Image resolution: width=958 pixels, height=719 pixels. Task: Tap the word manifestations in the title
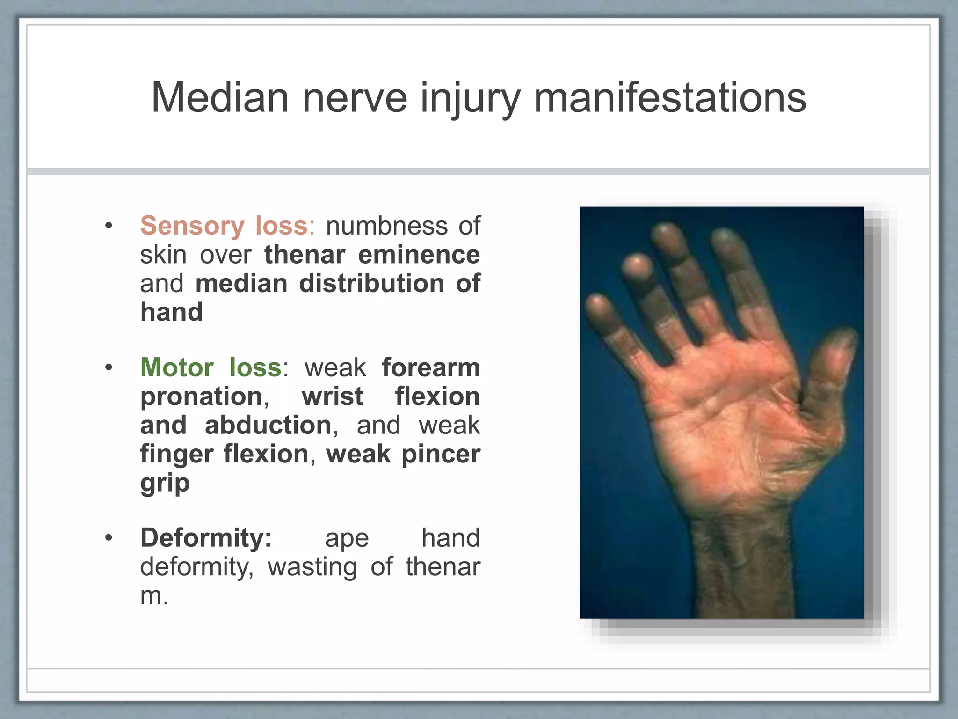point(670,98)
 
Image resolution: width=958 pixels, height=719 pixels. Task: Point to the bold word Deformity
point(206,538)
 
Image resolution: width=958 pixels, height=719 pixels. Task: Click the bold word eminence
point(419,255)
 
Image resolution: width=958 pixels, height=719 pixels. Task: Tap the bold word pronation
point(202,397)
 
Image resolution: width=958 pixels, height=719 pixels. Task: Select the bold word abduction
point(269,426)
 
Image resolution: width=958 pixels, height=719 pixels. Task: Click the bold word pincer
point(441,455)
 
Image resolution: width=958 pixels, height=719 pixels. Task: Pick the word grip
point(165,484)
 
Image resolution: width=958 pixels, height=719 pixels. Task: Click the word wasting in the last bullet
point(312,567)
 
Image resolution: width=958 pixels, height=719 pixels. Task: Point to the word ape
point(347,538)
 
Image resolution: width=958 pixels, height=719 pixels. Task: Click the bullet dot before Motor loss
point(109,367)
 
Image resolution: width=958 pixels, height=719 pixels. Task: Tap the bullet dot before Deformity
point(109,538)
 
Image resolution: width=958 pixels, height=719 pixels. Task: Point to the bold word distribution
point(371,284)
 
